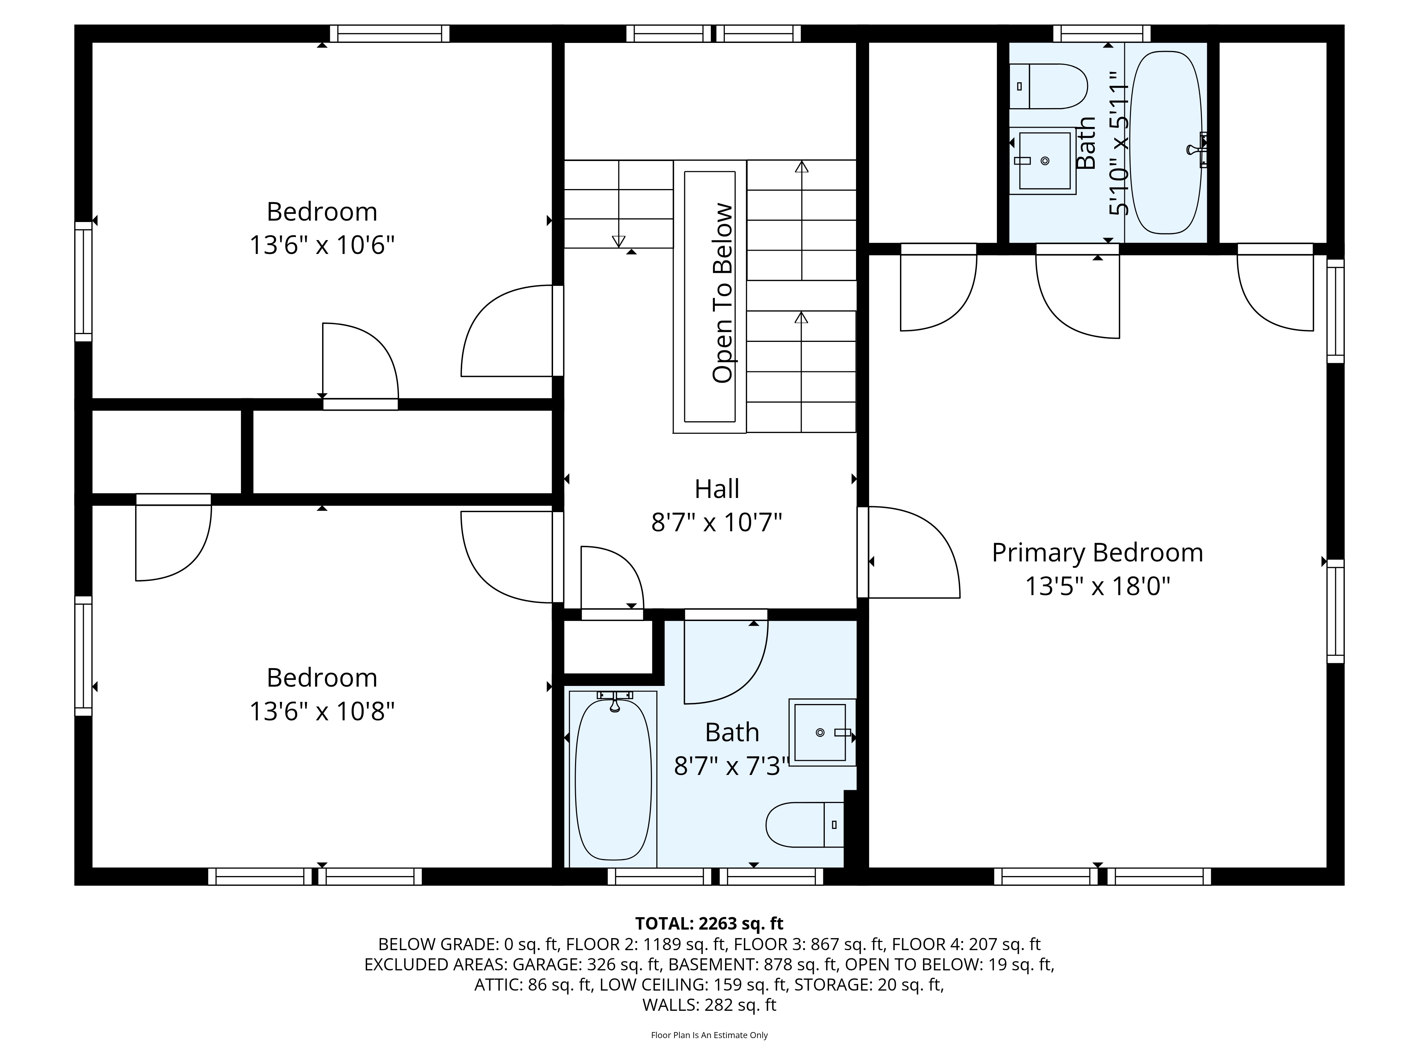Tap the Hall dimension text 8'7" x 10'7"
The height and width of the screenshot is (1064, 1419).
[x=717, y=523]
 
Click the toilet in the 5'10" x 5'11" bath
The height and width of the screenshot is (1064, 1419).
[x=1051, y=87]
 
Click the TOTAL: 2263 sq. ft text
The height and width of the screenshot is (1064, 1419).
[x=709, y=924]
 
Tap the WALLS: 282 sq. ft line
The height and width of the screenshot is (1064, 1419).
[x=709, y=1005]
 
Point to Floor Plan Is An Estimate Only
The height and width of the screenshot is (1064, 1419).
[x=709, y=1035]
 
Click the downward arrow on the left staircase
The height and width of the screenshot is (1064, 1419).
[x=618, y=240]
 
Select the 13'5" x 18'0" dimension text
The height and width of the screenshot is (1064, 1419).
[x=1097, y=586]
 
